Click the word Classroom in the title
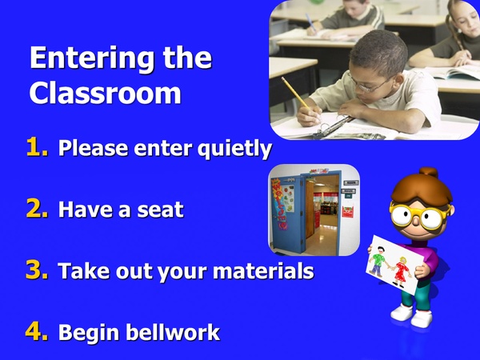[105, 93]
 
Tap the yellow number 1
[38, 147]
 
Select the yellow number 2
[38, 209]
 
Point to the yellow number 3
[38, 270]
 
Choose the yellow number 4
[38, 331]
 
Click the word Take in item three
[81, 272]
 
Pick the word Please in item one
[90, 150]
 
